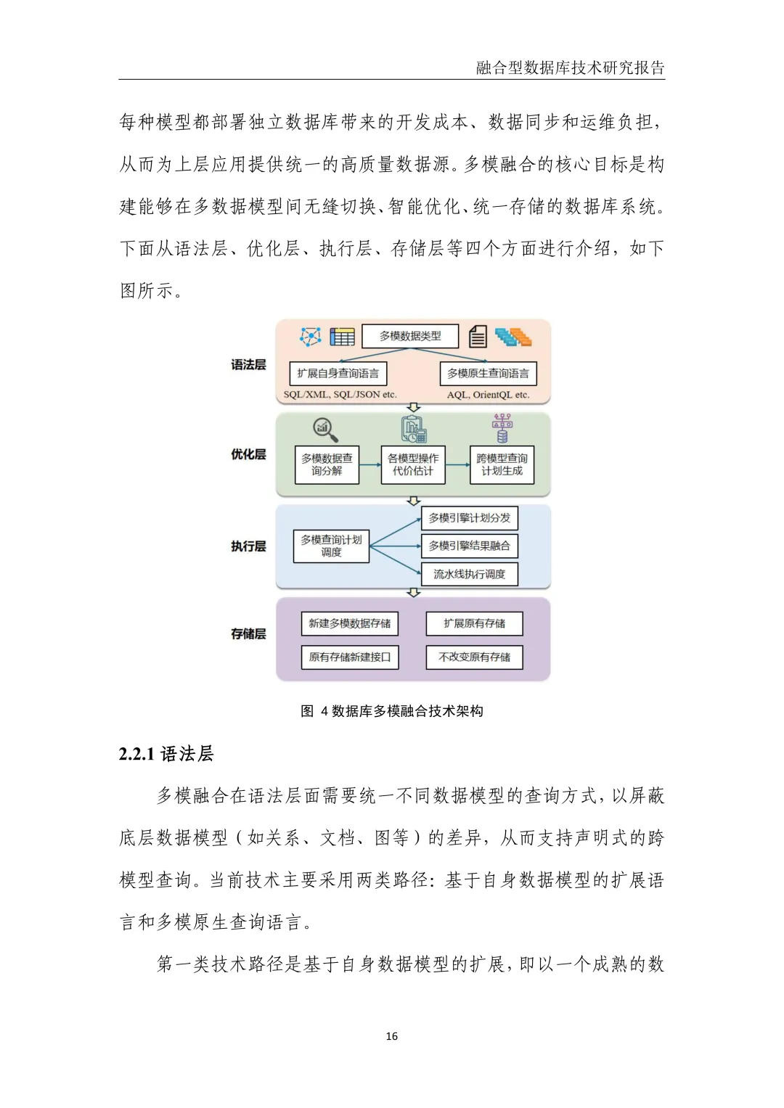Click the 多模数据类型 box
pos(410,336)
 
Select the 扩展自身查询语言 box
pos(338,374)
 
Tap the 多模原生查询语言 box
pos(488,374)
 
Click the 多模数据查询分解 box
pos(327,465)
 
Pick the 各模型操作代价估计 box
pos(413,465)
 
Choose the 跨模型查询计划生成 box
pos(502,465)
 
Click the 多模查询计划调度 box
pos(331,546)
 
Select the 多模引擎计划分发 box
pos(469,518)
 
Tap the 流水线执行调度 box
pos(469,574)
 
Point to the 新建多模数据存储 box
pos(349,623)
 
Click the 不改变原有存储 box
pos(474,657)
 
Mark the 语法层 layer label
pos(248,365)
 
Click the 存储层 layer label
pos(248,634)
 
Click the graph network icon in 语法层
pos(311,337)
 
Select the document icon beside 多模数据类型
pos(477,337)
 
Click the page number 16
pos(392,1036)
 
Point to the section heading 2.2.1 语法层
pos(166,755)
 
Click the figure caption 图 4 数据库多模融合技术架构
pos(392,711)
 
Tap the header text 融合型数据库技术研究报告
pos(570,68)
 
